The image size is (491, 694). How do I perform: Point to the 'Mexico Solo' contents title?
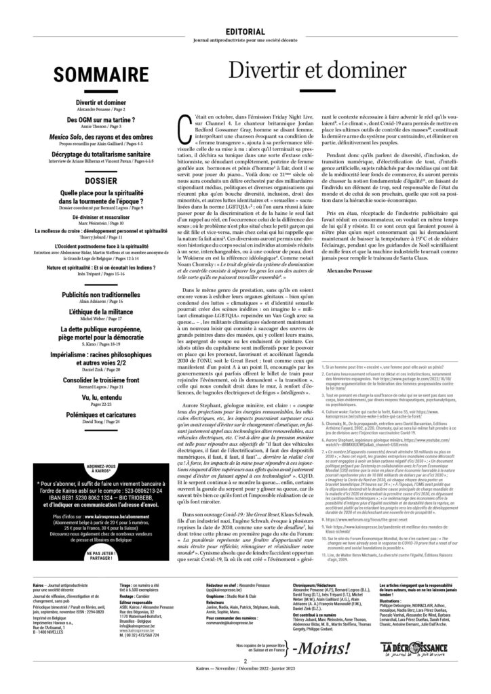point(75,136)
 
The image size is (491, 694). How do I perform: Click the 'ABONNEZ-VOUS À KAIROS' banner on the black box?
point(95,448)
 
